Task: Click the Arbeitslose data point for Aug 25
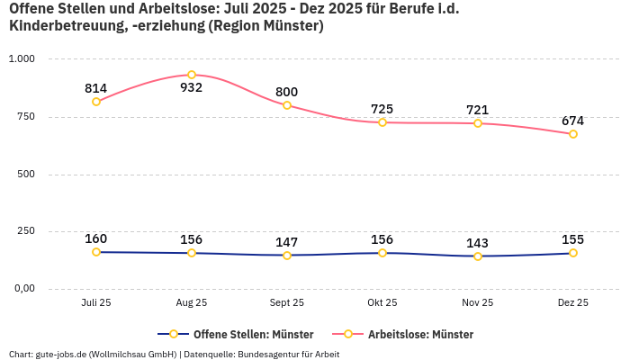coord(192,75)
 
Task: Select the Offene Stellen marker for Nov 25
coord(478,256)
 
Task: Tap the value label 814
coord(96,88)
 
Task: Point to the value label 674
coord(572,121)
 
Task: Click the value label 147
coord(287,242)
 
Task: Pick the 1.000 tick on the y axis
coord(22,58)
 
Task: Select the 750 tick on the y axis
coord(25,116)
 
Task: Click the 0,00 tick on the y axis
coord(22,289)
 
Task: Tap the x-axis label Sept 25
coord(287,303)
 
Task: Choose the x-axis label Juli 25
coord(96,303)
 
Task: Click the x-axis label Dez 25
coord(572,303)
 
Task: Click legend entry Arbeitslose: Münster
coord(420,334)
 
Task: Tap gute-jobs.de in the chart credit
coord(62,354)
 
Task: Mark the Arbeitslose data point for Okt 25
coord(382,122)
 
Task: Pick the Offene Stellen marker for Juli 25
coord(96,252)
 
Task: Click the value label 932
coord(192,88)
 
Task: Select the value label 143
coord(478,243)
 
